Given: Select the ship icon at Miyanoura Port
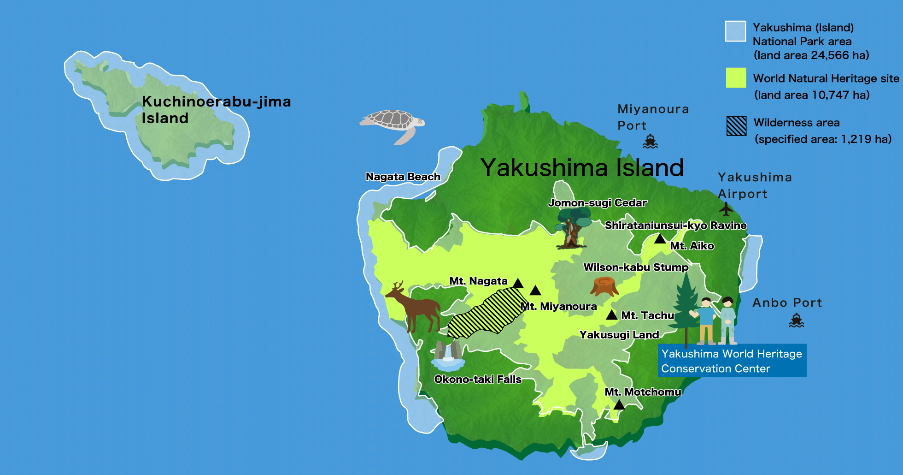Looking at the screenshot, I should pos(650,142).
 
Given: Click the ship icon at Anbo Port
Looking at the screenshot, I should pos(796,320).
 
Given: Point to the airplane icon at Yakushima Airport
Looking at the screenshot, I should pos(726,209).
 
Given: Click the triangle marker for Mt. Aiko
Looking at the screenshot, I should pos(660,239).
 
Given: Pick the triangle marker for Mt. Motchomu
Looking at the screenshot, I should pos(619,405).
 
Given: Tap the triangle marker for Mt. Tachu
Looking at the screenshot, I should pos(611,315).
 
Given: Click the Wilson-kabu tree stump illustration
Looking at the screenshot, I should pos(604,286).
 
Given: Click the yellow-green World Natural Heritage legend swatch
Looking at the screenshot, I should pos(736,77).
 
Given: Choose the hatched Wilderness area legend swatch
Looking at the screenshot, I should pos(736,126).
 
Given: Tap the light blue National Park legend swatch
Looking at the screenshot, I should pos(735,31).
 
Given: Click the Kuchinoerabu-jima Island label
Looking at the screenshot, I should pos(216,110).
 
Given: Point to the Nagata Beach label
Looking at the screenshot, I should pos(403,177).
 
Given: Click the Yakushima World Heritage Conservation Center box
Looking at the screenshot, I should pos(732,361).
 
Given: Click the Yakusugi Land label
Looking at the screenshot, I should pos(619,335).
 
